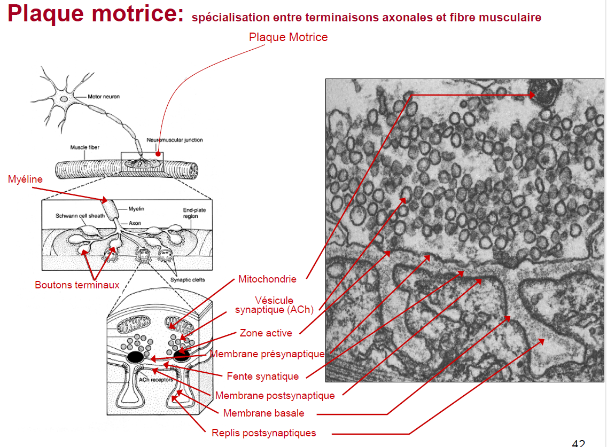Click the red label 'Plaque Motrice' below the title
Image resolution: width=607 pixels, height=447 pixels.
[288, 37]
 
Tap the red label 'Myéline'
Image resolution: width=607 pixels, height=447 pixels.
[25, 179]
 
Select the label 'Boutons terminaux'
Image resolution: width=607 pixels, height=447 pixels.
[77, 285]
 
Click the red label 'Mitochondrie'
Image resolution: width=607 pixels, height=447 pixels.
[267, 279]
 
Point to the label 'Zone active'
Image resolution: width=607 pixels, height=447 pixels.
[266, 333]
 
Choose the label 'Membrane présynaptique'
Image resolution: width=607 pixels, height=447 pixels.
[267, 354]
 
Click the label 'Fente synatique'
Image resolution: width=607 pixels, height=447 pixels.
[262, 377]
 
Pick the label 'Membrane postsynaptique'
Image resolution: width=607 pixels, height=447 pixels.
[275, 396]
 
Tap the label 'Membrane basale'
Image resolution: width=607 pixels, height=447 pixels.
[263, 413]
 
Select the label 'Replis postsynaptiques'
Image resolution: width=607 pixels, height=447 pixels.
[263, 433]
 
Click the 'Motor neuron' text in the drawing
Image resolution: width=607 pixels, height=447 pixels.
[104, 97]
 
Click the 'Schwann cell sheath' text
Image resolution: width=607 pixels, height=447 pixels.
[80, 216]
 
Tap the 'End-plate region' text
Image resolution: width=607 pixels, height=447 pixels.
[194, 213]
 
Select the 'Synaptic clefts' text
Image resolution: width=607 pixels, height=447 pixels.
[187, 279]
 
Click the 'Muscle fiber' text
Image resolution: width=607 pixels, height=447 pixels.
[84, 147]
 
